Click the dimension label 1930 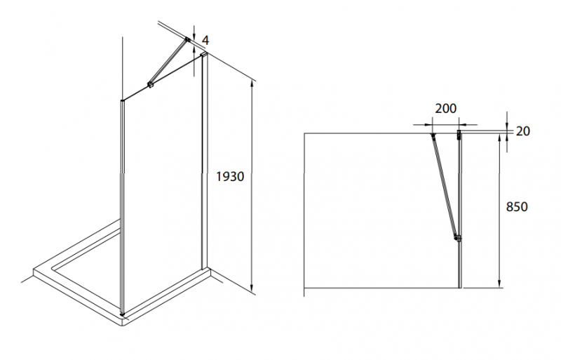[x=230, y=177]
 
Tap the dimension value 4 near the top [x=205, y=40]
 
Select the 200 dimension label [x=445, y=108]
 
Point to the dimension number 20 [x=522, y=131]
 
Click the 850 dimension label [x=517, y=207]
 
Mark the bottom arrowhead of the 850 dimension [x=499, y=284]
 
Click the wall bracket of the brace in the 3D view [x=187, y=39]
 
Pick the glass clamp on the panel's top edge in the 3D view [x=150, y=85]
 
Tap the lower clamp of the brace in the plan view [x=457, y=238]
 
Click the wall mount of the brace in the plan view [x=433, y=135]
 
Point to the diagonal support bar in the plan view [x=445, y=186]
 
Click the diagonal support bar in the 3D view [x=168, y=62]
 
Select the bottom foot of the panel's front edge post [x=123, y=314]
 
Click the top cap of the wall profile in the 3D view [x=204, y=54]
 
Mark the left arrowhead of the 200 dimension [x=428, y=125]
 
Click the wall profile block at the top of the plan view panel [x=459, y=135]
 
